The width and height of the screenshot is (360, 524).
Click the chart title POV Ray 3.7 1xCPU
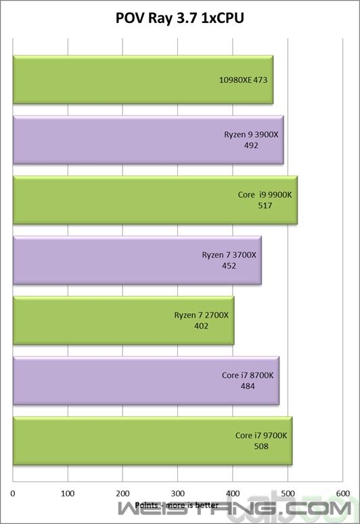click(x=180, y=18)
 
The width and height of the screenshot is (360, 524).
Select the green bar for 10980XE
click(x=143, y=80)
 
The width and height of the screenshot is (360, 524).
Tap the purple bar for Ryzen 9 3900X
click(x=148, y=140)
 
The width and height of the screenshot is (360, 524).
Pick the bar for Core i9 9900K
click(x=155, y=200)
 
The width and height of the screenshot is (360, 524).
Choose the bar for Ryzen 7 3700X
click(x=137, y=260)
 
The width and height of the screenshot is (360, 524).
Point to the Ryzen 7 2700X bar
click(x=123, y=320)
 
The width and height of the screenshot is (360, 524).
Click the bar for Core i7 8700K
click(x=146, y=381)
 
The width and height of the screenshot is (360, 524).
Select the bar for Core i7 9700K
click(x=152, y=441)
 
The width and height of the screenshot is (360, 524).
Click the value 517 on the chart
click(x=265, y=206)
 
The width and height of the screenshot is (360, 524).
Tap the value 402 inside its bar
click(x=201, y=326)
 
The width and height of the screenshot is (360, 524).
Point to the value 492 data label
click(x=251, y=145)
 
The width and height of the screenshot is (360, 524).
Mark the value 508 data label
click(x=261, y=446)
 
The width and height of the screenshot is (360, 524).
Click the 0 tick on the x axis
click(x=13, y=494)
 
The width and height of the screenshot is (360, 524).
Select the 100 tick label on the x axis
click(x=68, y=494)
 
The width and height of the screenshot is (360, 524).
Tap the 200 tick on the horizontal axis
click(x=122, y=494)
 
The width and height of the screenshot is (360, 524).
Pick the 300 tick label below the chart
click(x=178, y=494)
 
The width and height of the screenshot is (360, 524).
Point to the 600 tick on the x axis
click(x=343, y=494)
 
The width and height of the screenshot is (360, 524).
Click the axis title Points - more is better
click(x=177, y=505)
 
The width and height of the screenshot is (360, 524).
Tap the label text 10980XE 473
click(x=243, y=80)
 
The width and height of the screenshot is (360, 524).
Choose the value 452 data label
click(x=229, y=266)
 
